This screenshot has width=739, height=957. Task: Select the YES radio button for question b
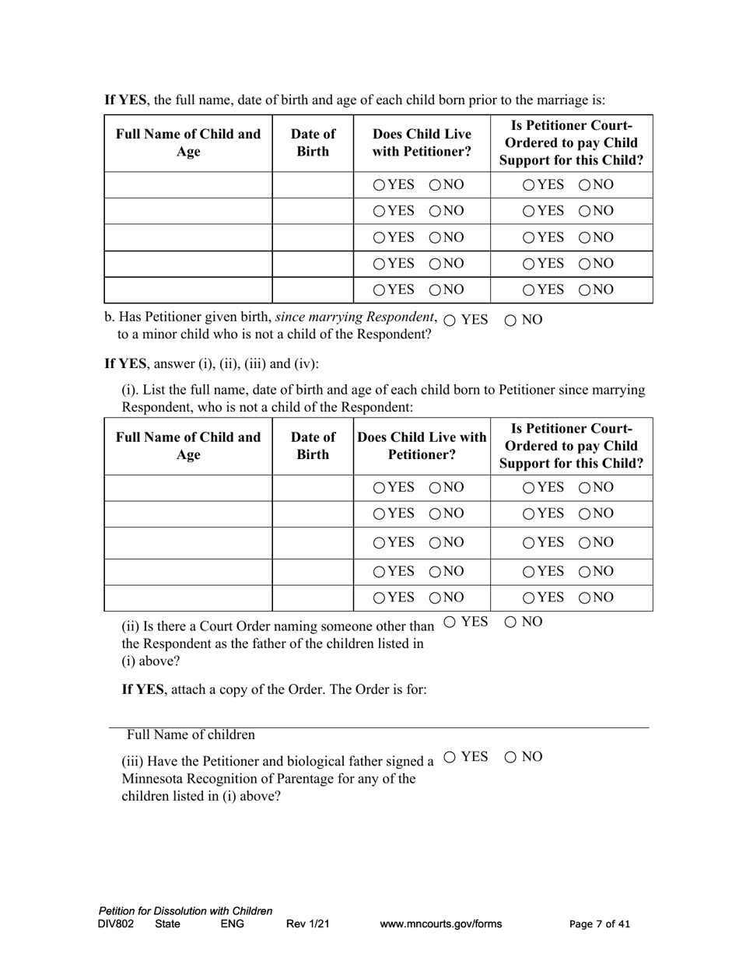[450, 321]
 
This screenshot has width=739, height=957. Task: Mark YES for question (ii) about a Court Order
[450, 622]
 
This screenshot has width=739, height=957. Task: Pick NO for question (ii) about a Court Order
[511, 622]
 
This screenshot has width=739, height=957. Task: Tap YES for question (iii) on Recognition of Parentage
[450, 757]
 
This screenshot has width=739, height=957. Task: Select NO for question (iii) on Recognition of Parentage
[511, 757]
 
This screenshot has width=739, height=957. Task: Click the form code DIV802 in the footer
[116, 924]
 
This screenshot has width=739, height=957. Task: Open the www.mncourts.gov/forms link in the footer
[440, 924]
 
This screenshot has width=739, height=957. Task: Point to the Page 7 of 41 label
[600, 924]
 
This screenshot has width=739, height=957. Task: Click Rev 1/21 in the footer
[308, 924]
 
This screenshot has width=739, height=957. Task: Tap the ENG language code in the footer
[232, 924]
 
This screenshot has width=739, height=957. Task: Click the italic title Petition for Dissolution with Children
[185, 911]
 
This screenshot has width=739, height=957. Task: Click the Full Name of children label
[191, 735]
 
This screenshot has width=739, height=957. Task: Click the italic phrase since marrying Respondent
[355, 317]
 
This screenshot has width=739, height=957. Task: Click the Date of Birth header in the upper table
[313, 142]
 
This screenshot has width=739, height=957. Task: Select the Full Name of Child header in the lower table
[187, 445]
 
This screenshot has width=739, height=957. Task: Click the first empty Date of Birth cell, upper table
[313, 185]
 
